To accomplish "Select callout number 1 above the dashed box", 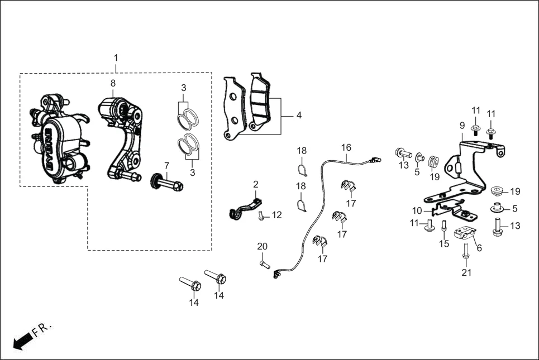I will [116, 58].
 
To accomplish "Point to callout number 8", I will [113, 83].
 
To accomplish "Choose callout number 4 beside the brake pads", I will [299, 116].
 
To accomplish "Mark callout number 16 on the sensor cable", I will [346, 148].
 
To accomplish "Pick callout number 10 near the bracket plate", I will [417, 210].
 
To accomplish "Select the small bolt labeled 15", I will [444, 227].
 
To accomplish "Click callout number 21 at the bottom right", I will [466, 273].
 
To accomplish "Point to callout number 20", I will [263, 247].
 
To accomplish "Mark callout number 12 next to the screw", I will [277, 215].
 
